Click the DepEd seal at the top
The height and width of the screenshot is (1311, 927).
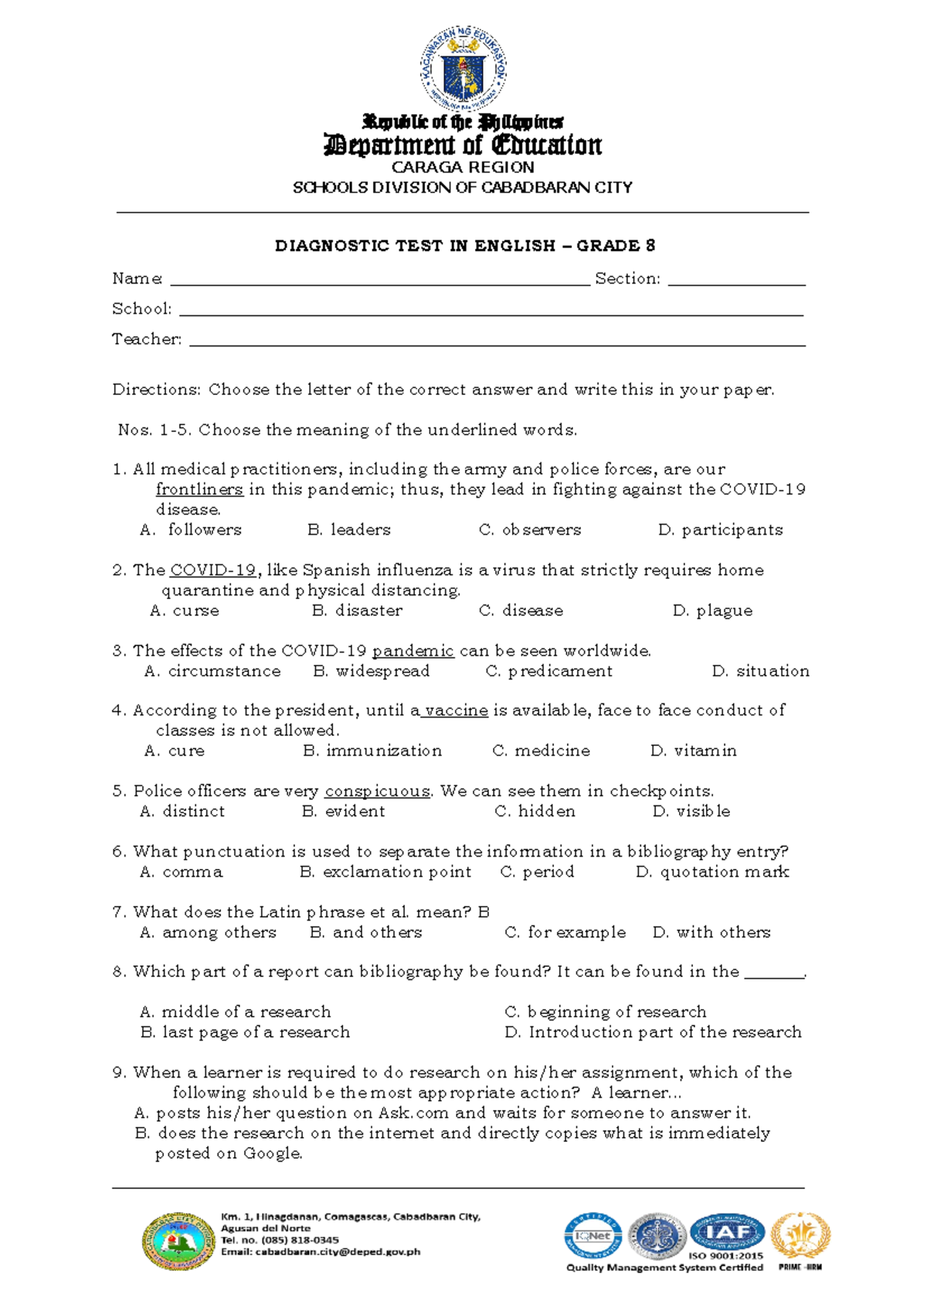click(463, 68)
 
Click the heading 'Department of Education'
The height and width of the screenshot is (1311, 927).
click(463, 145)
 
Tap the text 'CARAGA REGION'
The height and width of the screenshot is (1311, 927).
click(463, 167)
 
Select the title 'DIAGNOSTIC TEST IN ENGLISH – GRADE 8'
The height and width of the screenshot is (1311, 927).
click(465, 246)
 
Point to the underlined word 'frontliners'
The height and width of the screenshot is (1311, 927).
click(199, 489)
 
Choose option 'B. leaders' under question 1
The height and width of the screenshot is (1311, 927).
click(349, 530)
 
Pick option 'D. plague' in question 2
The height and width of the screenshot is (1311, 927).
click(712, 611)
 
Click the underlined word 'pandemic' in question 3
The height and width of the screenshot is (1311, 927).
click(413, 651)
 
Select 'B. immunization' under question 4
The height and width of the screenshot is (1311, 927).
click(372, 751)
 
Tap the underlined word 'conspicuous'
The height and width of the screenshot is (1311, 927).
click(377, 792)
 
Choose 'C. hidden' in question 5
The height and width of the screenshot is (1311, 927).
click(535, 812)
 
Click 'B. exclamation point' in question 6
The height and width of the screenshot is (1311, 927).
click(385, 872)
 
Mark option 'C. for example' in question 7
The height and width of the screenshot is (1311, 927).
click(565, 932)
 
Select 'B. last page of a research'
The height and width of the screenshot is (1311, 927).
click(246, 1032)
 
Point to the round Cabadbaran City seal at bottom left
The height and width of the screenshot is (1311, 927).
click(178, 1241)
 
